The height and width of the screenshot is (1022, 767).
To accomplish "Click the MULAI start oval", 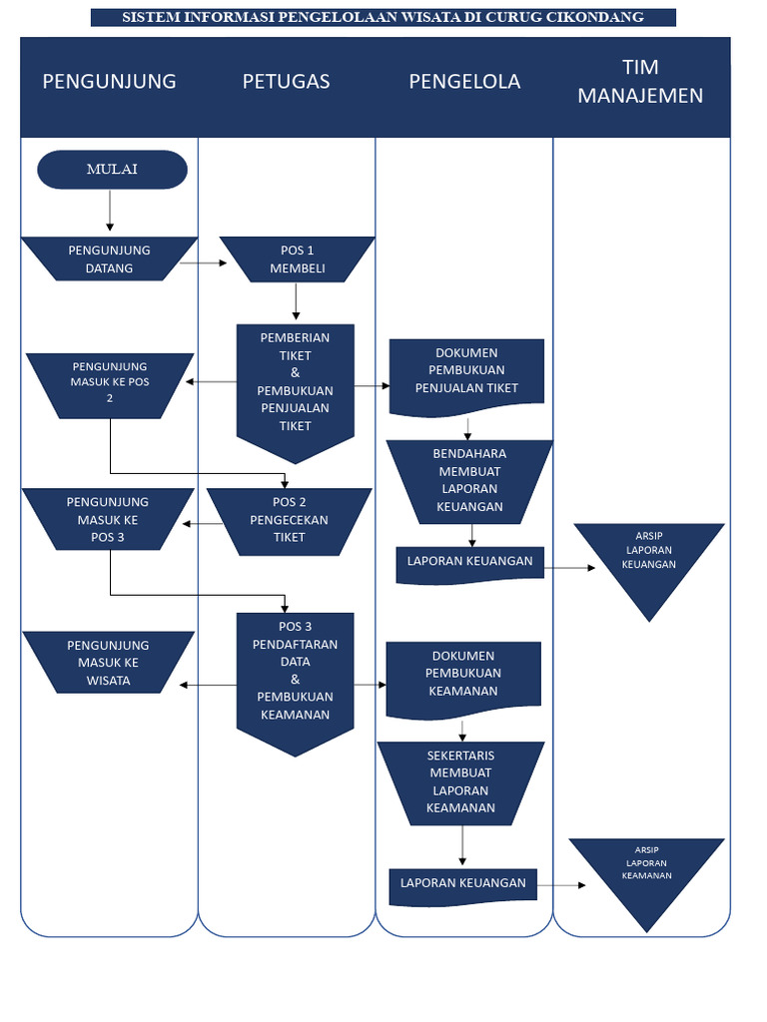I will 112,170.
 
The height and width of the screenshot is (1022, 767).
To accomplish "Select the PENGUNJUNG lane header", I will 109,82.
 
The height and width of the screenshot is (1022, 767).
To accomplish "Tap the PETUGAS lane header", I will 286,82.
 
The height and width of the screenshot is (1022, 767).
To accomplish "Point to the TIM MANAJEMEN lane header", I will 640,82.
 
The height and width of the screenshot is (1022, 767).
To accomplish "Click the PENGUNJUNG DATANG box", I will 109,259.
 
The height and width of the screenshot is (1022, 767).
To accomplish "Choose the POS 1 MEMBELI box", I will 297,259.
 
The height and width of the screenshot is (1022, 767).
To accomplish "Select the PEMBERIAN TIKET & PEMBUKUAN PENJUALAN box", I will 295,384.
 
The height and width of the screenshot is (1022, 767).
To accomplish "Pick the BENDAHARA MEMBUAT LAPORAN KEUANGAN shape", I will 468,480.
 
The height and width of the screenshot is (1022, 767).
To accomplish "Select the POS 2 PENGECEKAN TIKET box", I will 289,520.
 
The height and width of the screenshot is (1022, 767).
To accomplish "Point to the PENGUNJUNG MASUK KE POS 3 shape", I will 108,519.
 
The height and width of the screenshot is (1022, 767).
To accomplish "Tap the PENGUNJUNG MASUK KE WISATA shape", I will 108,663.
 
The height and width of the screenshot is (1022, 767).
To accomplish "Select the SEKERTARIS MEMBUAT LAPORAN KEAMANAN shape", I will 460,782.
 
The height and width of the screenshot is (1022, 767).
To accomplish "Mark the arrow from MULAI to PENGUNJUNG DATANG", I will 110,213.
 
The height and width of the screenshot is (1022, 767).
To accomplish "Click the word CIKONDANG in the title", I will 594,17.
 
